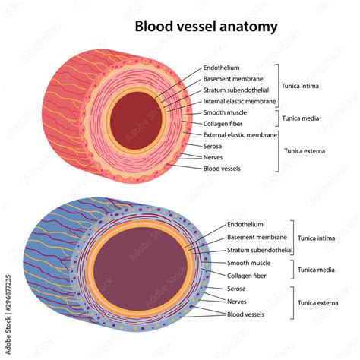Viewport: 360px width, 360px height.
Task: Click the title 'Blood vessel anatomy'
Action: click(206, 27)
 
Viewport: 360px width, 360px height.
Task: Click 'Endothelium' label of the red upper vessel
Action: click(222, 68)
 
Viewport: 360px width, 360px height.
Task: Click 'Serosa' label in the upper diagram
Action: click(213, 146)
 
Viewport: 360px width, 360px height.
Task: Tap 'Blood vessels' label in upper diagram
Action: click(222, 168)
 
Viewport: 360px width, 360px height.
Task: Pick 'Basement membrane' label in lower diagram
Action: click(257, 237)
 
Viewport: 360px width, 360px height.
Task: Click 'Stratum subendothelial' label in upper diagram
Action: click(236, 90)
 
